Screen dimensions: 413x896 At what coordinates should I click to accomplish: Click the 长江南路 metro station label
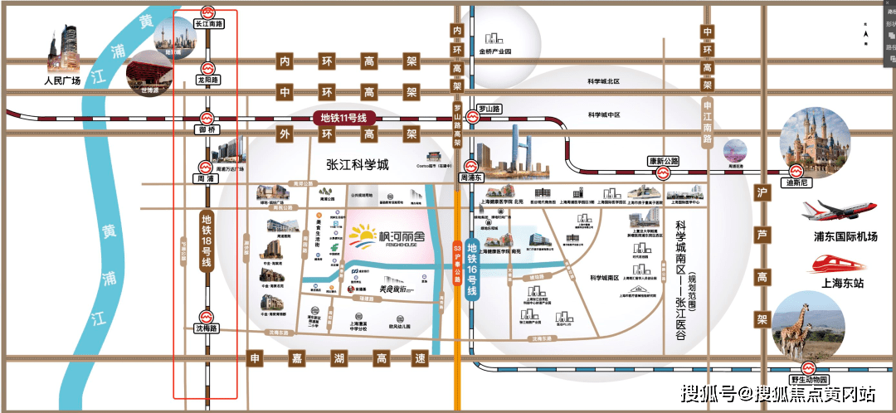tap(208, 25)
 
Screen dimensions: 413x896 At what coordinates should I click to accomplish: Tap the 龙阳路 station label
tap(207, 80)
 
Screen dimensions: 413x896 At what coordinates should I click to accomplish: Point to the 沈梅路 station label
tap(206, 329)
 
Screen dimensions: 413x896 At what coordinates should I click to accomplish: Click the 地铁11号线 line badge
tap(343, 119)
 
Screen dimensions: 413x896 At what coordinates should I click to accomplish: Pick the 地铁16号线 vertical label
tap(472, 260)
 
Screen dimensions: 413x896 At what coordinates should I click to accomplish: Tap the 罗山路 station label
tap(489, 109)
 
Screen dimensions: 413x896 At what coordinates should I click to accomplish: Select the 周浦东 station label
tap(471, 177)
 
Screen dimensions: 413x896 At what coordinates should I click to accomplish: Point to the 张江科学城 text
tap(357, 165)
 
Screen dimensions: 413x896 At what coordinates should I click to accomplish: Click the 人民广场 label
tap(62, 81)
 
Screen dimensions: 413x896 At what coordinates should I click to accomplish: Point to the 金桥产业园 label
tap(495, 51)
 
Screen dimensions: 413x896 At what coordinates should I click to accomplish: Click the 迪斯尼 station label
tap(797, 183)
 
